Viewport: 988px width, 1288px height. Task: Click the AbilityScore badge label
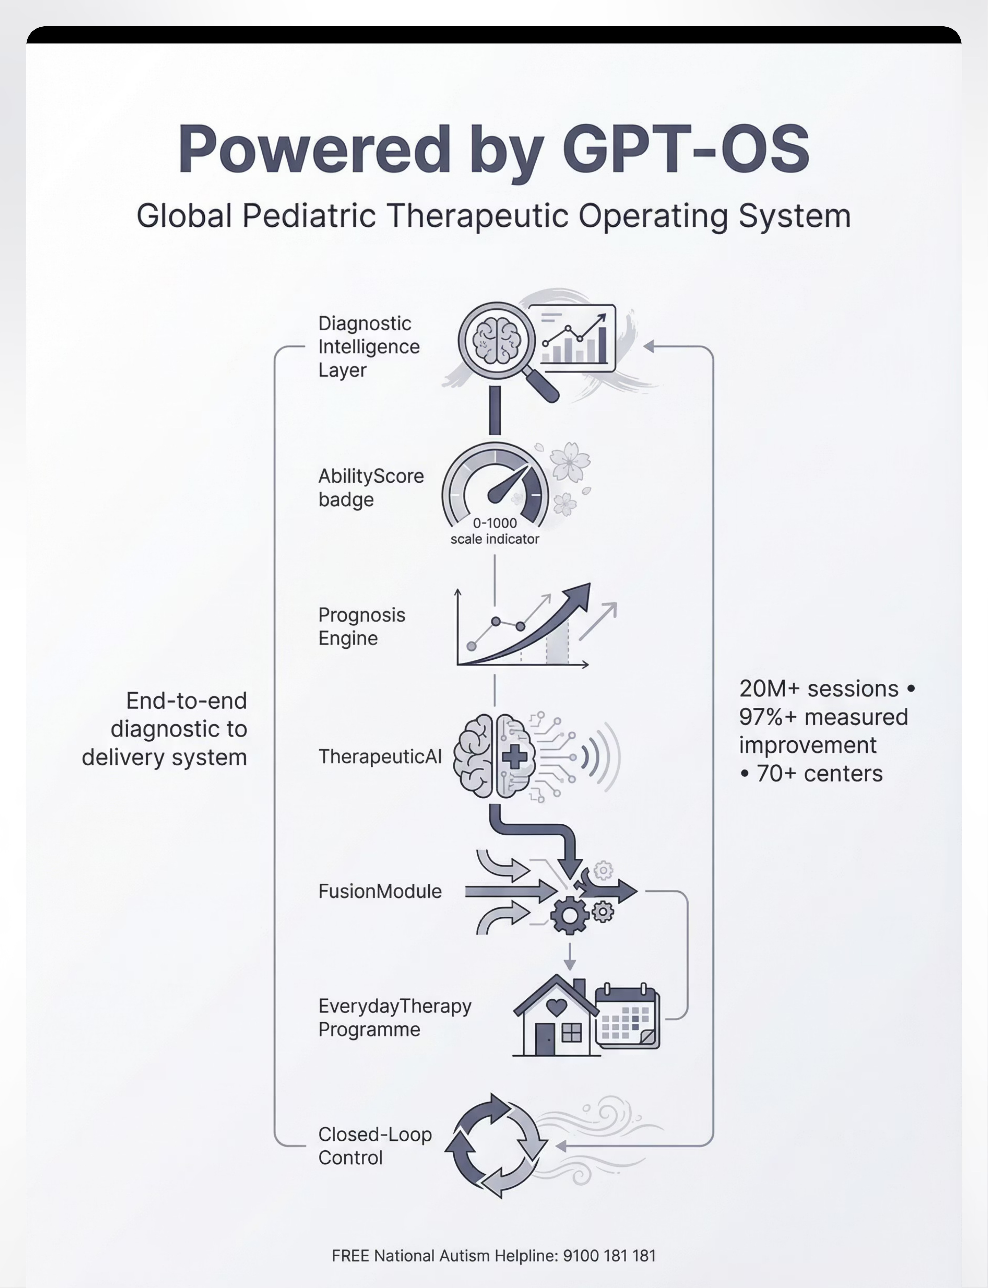coord(370,488)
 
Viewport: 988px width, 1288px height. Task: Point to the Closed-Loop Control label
coord(375,1146)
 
